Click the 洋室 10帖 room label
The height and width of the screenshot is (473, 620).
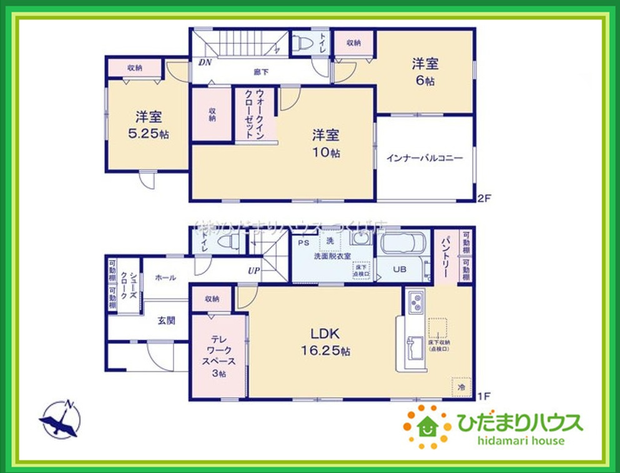pos(326,143)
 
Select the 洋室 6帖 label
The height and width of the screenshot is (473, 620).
pos(425,71)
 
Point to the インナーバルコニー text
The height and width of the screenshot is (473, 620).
pos(425,158)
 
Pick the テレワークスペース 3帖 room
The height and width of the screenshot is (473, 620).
pos(219,354)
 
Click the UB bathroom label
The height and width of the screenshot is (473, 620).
pos(400,270)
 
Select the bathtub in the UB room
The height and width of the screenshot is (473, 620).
pos(403,247)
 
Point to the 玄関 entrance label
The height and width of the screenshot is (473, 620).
pos(165,321)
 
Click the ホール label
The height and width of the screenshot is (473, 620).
pos(165,277)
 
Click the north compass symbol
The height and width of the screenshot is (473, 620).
pos(61,419)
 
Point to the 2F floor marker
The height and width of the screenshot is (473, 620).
pos(485,199)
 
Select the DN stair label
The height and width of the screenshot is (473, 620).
pos(205,62)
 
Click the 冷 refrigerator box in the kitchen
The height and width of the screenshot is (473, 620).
pos(461,387)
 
